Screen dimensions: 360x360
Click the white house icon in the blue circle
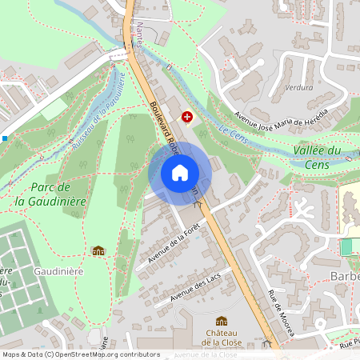click(x=180, y=173)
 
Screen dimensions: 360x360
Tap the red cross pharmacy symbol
click(x=187, y=117)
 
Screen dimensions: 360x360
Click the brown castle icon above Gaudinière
click(x=98, y=251)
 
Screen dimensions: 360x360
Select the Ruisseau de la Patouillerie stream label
click(x=98, y=111)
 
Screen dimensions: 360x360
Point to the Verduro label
click(x=298, y=87)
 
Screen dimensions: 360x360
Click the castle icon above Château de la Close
click(x=222, y=321)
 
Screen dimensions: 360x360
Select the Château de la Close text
click(x=222, y=337)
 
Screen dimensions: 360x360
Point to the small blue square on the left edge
click(x=5, y=138)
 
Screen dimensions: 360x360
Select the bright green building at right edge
click(x=346, y=246)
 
